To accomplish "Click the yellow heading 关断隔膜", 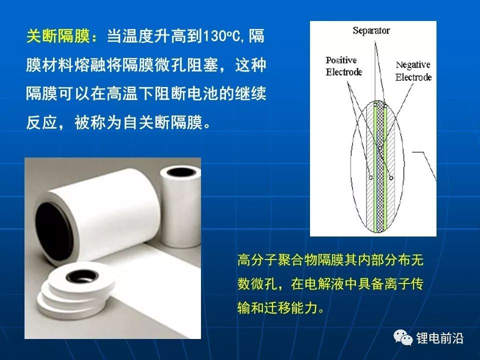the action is (x=58, y=36).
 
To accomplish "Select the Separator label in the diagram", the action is (x=371, y=30).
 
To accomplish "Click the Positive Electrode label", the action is (x=344, y=66).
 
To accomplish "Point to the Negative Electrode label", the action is (x=413, y=71).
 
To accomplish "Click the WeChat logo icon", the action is (x=403, y=337).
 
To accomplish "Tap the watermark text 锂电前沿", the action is (x=439, y=338).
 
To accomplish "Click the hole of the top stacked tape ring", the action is (x=82, y=276).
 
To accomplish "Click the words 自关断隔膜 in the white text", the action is (x=163, y=123).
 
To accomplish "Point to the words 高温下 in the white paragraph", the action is (x=130, y=93).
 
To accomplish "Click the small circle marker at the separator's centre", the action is (x=380, y=148).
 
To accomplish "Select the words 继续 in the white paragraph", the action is (x=250, y=93).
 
